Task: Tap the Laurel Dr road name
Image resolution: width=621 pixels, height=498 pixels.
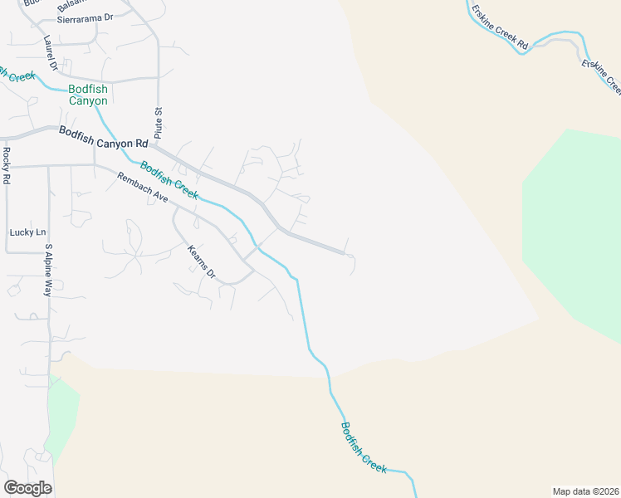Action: (x=51, y=52)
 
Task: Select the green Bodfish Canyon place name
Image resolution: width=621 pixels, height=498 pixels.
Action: (x=88, y=95)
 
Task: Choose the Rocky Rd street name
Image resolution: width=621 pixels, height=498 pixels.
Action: (x=6, y=165)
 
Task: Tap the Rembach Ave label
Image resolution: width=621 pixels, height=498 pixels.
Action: (x=143, y=188)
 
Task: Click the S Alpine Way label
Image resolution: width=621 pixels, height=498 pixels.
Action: (x=48, y=271)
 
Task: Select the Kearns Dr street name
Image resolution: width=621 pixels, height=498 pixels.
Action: (x=201, y=261)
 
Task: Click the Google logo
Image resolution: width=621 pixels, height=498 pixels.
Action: (x=27, y=488)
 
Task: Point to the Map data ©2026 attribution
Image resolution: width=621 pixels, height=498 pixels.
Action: (x=585, y=491)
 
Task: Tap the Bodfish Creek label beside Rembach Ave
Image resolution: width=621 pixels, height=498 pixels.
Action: (x=169, y=179)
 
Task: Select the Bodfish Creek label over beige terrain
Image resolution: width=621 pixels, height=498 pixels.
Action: (x=364, y=448)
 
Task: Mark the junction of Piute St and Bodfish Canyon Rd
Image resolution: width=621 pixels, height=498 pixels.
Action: (x=159, y=147)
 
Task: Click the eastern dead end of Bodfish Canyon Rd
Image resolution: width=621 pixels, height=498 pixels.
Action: (x=345, y=252)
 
